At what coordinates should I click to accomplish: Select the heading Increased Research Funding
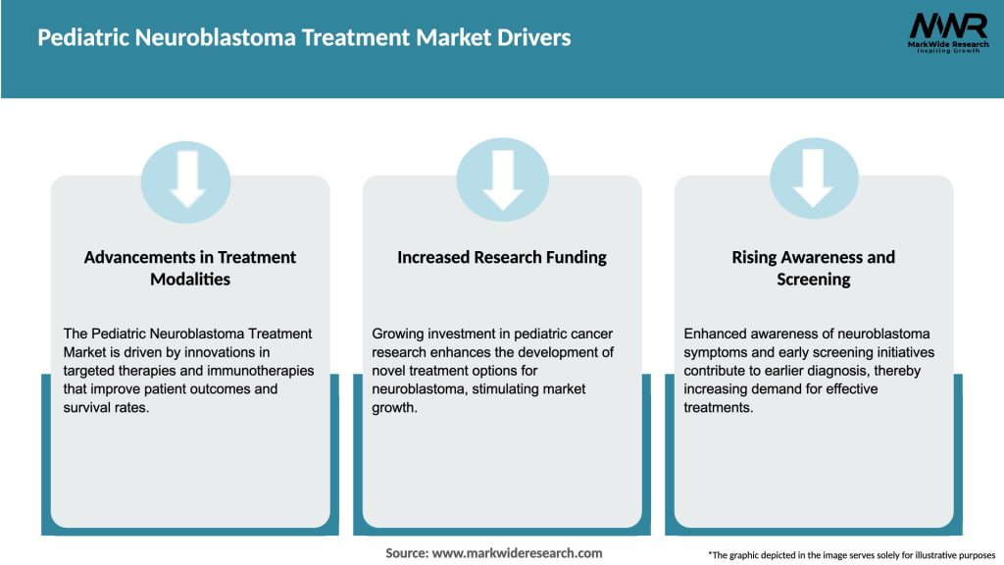tap(502, 258)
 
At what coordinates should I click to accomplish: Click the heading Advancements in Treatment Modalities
tap(189, 268)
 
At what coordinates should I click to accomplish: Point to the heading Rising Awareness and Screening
tap(813, 268)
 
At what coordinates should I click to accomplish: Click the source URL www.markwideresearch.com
tap(517, 553)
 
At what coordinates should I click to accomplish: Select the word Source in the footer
tap(405, 553)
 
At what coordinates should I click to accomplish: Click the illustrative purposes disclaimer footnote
tap(851, 555)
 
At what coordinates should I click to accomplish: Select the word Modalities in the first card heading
tap(189, 280)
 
